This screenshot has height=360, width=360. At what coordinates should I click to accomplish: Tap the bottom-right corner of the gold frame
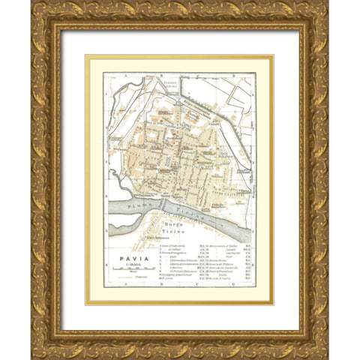pyautogui.click(x=327, y=357)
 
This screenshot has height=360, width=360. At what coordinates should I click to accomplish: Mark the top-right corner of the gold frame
pyautogui.click(x=327, y=3)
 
